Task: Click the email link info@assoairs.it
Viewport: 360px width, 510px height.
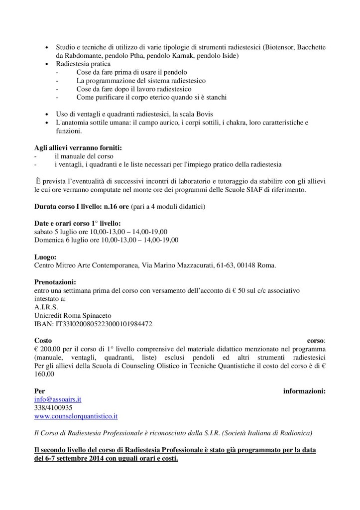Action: click(58, 399)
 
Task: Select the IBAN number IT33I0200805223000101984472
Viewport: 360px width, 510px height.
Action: click(93, 323)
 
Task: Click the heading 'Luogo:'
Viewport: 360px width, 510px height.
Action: click(46, 257)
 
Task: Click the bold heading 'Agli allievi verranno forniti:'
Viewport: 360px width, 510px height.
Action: click(77, 148)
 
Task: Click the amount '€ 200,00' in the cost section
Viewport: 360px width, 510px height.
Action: click(49, 350)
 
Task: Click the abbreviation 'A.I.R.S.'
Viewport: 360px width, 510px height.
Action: click(46, 307)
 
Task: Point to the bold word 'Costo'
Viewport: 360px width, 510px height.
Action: click(43, 341)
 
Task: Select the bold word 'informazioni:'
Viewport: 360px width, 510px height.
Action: click(304, 391)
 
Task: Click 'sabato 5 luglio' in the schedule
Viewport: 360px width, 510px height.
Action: click(58, 232)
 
